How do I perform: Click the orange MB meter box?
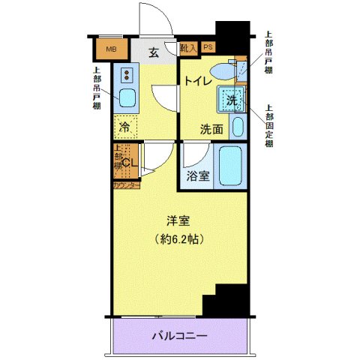[111, 50]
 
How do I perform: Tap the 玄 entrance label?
[153, 52]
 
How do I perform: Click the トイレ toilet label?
[196, 79]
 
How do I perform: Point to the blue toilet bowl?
[223, 70]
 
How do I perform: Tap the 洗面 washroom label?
[211, 129]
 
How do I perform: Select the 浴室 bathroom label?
[198, 178]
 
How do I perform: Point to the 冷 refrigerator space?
[126, 127]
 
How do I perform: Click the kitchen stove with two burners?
[127, 74]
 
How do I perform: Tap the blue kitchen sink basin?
[127, 98]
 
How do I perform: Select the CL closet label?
[128, 162]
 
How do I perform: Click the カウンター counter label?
[126, 184]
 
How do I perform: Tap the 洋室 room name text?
[177, 222]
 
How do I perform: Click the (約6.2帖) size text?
[178, 240]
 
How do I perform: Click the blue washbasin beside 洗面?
[238, 125]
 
